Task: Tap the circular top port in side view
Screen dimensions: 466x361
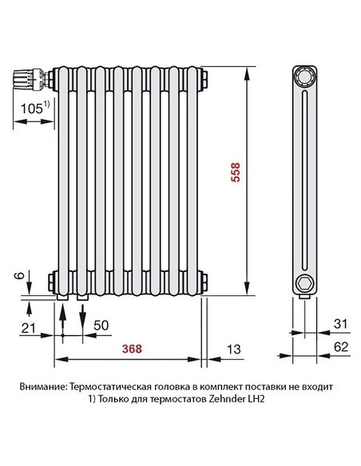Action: (x=304, y=77)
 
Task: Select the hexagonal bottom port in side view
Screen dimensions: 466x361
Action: (x=304, y=282)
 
